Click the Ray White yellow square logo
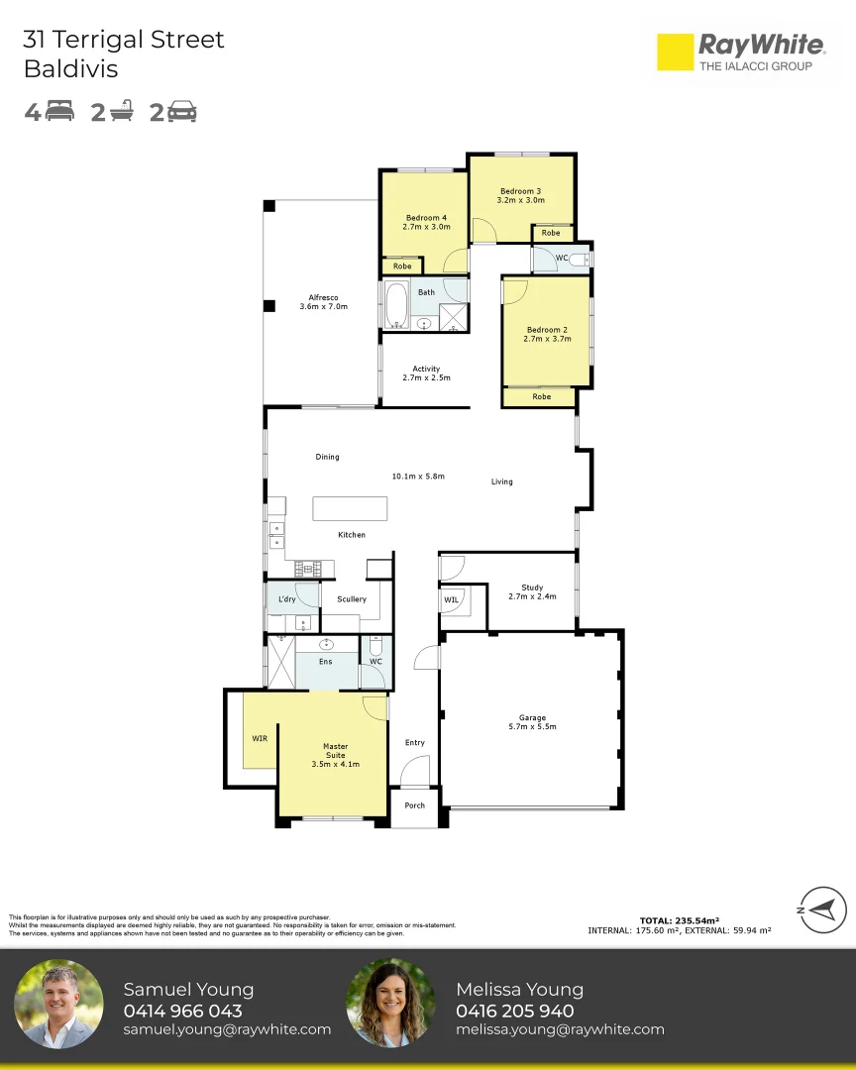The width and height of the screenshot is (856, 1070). tap(675, 52)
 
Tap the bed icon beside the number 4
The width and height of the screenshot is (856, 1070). tap(60, 111)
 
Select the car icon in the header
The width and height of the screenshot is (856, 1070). tap(182, 111)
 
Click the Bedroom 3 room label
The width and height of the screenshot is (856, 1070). tap(521, 196)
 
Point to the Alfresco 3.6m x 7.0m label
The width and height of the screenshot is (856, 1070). tap(324, 302)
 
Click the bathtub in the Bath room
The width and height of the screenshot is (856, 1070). tap(396, 305)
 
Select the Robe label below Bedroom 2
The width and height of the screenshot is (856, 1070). tap(541, 396)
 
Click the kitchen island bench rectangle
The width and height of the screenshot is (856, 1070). tap(350, 508)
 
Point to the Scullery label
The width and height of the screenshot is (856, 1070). tap(352, 599)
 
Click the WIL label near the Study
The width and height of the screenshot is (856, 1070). tap(451, 599)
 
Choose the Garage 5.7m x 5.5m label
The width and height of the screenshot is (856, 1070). tap(532, 722)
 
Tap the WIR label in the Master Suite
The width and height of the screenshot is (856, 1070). tap(260, 738)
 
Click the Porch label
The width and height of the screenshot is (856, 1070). tap(414, 805)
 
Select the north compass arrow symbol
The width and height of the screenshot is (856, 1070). tap(823, 909)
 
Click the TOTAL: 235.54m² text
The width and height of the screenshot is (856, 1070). tap(680, 920)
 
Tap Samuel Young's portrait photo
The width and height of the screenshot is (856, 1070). tap(58, 1004)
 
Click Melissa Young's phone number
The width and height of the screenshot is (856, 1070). tap(515, 1011)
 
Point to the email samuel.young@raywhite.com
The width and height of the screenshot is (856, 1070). tap(227, 1029)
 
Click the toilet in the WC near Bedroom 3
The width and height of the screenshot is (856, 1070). tap(579, 260)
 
